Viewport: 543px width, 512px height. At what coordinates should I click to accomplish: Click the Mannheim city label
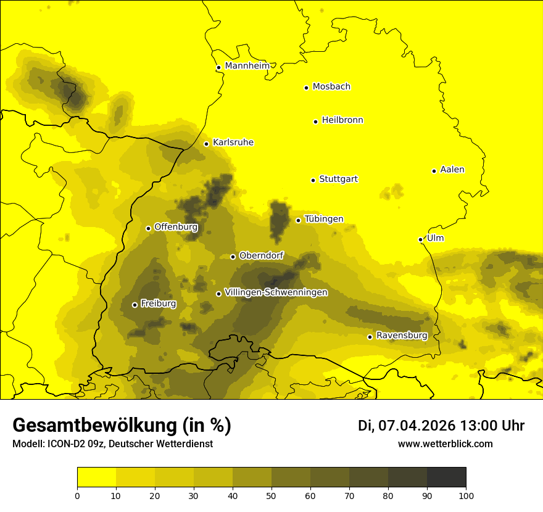[247, 66]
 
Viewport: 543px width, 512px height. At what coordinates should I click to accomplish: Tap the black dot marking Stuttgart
[313, 180]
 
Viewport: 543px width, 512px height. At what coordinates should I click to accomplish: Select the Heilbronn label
[342, 120]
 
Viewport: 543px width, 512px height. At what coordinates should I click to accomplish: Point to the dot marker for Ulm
[420, 239]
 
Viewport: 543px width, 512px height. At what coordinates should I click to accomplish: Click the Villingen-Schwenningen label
[276, 292]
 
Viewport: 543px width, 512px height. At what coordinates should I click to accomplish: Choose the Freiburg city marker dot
[135, 305]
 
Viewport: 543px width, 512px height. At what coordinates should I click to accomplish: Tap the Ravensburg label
[402, 336]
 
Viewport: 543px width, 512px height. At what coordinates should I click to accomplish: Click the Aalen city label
[452, 170]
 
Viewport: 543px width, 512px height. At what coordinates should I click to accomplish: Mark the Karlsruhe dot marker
[206, 144]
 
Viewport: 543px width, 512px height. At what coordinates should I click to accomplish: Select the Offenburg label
[176, 227]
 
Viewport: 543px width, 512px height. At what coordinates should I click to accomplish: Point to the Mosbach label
[331, 87]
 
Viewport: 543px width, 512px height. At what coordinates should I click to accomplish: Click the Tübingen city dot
[298, 220]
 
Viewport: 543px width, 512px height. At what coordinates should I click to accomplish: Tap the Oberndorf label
[261, 255]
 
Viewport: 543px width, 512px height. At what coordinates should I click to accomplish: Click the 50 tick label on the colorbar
[271, 495]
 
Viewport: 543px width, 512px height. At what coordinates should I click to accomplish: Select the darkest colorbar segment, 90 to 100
[446, 477]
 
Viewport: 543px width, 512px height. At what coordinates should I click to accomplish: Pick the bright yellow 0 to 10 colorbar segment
[96, 477]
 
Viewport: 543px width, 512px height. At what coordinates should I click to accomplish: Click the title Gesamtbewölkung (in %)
[122, 426]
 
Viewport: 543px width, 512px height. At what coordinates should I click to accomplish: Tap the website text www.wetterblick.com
[445, 444]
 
